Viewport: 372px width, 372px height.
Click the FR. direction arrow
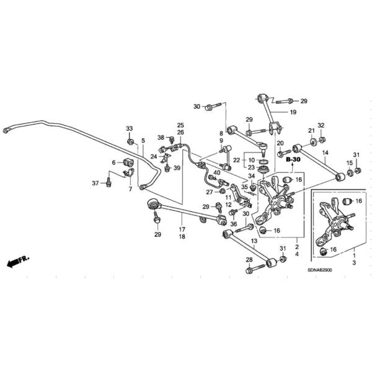tap(19, 262)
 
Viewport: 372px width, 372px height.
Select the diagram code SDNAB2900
tap(322, 270)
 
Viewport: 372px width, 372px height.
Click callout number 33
tap(130, 128)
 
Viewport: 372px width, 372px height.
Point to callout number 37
tap(95, 183)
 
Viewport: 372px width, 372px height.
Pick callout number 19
tap(293, 112)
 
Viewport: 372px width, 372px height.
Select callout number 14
tap(325, 152)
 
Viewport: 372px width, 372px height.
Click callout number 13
tap(254, 241)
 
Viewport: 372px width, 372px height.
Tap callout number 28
tap(249, 259)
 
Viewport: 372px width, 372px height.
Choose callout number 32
tap(321, 126)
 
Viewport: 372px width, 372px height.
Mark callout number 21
tap(311, 130)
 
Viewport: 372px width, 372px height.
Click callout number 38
tap(161, 138)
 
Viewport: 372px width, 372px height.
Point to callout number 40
tap(217, 172)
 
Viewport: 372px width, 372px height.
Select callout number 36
tap(233, 224)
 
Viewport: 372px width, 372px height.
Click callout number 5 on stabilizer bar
tap(143, 141)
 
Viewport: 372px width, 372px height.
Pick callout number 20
tap(280, 143)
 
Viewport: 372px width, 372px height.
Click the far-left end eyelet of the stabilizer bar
tap(7, 130)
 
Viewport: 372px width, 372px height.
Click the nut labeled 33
tap(131, 141)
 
